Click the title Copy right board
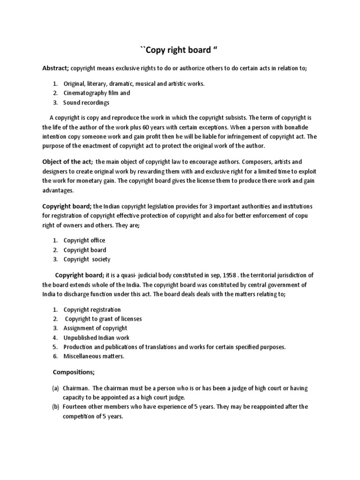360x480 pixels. click(x=180, y=51)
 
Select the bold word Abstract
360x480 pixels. click(x=55, y=68)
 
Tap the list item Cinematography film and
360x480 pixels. click(x=97, y=93)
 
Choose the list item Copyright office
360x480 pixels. click(x=84, y=240)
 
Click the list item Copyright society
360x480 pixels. click(x=87, y=259)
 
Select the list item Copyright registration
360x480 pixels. click(x=92, y=309)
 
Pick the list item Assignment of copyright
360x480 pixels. click(x=95, y=328)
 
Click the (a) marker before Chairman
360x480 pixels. click(x=55, y=389)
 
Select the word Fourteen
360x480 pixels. click(x=77, y=407)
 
